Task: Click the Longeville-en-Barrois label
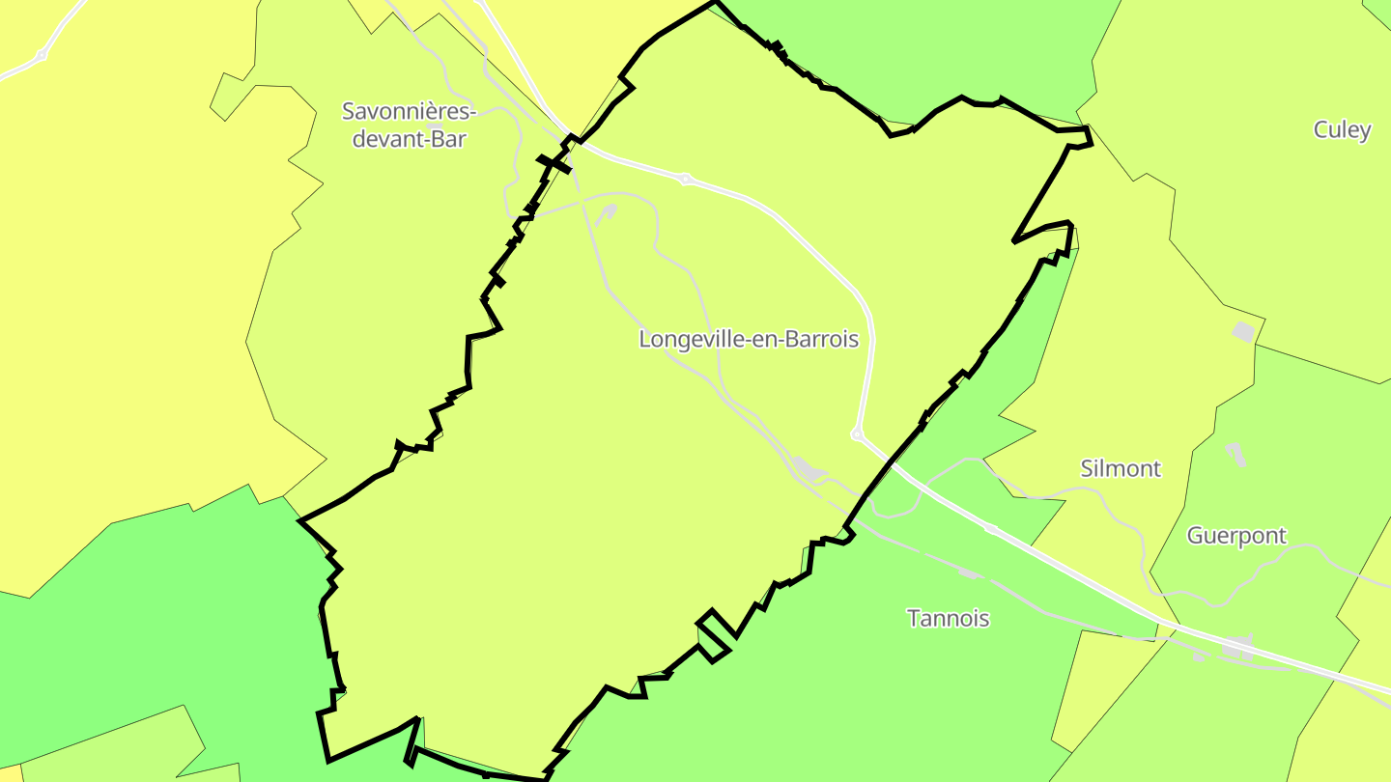[749, 340]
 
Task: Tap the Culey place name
[1342, 129]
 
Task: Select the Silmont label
[1120, 469]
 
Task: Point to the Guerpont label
[1236, 536]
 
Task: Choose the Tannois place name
[948, 618]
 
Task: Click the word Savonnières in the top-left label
[409, 111]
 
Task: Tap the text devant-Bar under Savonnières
[409, 139]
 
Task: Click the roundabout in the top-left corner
[41, 55]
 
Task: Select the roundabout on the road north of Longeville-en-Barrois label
[686, 179]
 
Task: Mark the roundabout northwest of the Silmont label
[856, 435]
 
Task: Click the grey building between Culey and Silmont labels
[1243, 332]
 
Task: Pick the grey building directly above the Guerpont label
[1234, 452]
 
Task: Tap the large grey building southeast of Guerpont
[1240, 648]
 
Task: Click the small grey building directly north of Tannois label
[968, 573]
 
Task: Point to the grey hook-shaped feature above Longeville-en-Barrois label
[607, 212]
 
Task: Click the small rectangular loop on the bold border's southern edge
[714, 636]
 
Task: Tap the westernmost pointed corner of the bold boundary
[300, 520]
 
